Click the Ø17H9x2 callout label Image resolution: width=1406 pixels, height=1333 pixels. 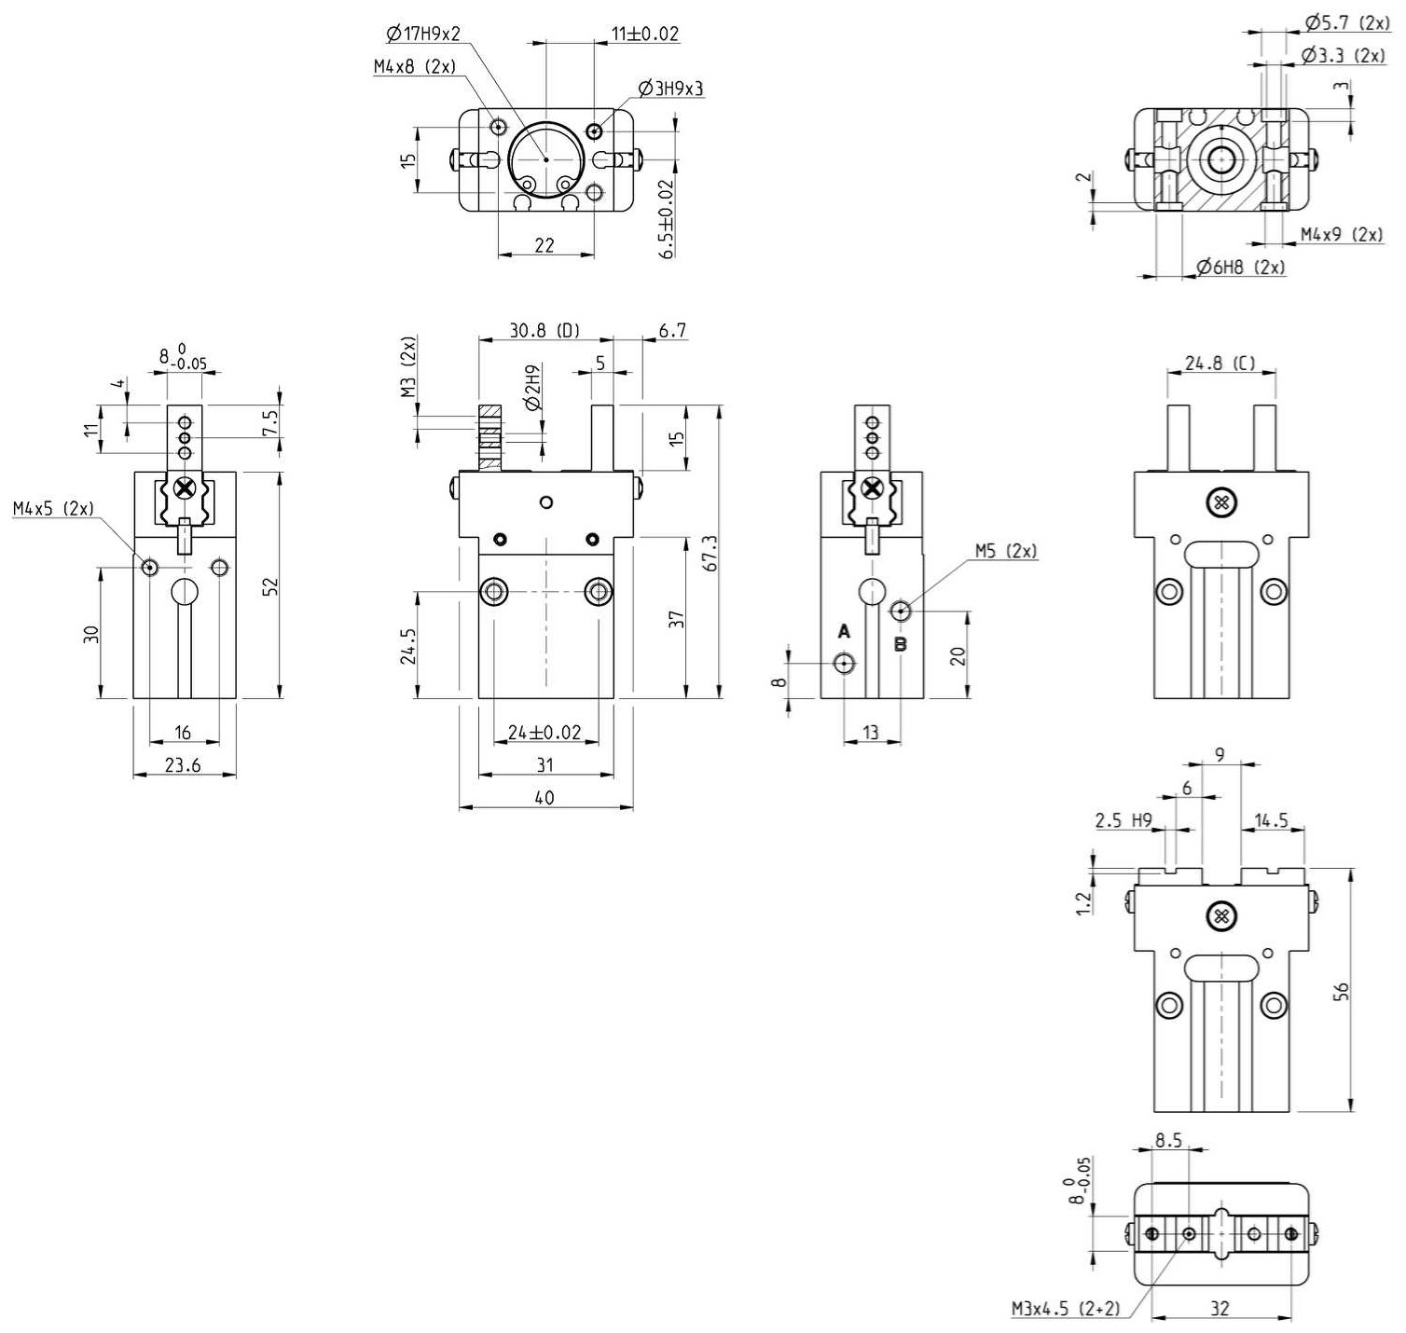pyautogui.click(x=423, y=34)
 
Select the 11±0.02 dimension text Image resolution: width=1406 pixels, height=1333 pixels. pyautogui.click(x=645, y=34)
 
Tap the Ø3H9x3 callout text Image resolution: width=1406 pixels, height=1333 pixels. pyautogui.click(x=671, y=89)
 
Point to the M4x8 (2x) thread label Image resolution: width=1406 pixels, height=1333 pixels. pyautogui.click(x=415, y=66)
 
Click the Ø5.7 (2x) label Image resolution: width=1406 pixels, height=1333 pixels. pyautogui.click(x=1347, y=22)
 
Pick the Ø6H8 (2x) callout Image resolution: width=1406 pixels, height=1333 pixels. pyautogui.click(x=1241, y=268)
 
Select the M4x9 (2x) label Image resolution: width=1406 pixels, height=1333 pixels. pyautogui.click(x=1342, y=234)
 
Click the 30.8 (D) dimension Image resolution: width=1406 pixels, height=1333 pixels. pyautogui.click(x=544, y=330)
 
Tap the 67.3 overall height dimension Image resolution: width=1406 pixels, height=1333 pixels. pyautogui.click(x=710, y=553)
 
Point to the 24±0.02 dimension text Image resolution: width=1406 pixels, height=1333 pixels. pyautogui.click(x=544, y=733)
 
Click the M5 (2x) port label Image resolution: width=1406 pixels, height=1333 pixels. pyautogui.click(x=1006, y=551)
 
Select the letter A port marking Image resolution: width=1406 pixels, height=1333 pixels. pyautogui.click(x=844, y=631)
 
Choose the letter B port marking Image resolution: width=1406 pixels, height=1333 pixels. pyautogui.click(x=901, y=644)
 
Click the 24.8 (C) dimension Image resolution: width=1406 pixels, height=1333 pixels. pyautogui.click(x=1220, y=363)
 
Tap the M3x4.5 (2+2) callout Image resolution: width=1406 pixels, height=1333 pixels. pyautogui.click(x=1066, y=1309)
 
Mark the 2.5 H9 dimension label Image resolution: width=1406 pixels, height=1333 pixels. pyautogui.click(x=1123, y=820)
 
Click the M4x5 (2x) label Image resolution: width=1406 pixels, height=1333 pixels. pyautogui.click(x=53, y=508)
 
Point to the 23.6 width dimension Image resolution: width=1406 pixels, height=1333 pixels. pyautogui.click(x=183, y=765)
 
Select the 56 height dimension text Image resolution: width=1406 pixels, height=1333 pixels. pyautogui.click(x=1342, y=991)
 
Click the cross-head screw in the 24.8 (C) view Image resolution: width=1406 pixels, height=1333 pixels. pyautogui.click(x=1221, y=503)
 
